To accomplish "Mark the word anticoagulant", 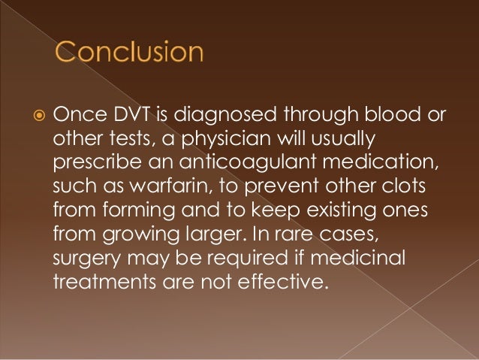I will coord(233,163).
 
